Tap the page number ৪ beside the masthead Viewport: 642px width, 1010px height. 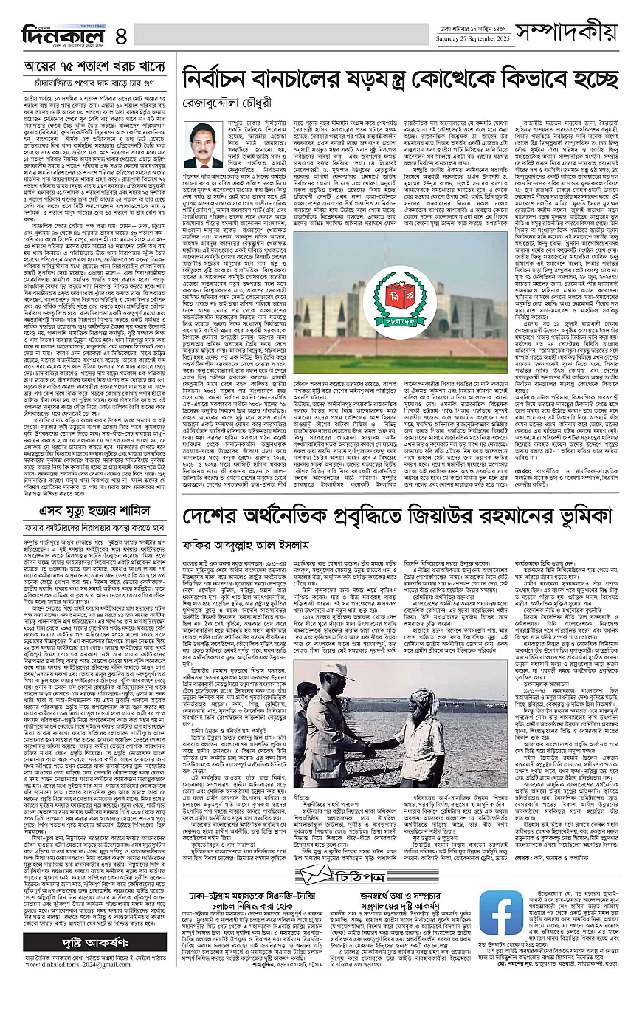click(122, 35)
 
